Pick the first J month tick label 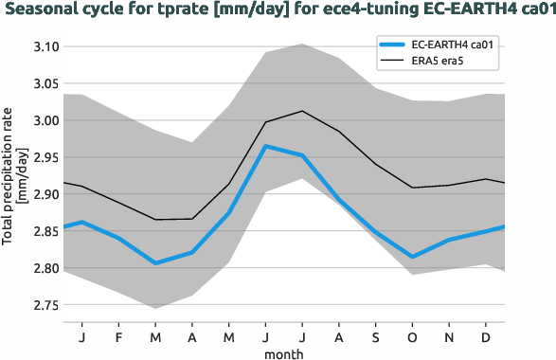[x=82, y=336]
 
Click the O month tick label [x=413, y=336]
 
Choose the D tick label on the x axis [x=486, y=336]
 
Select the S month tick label [x=377, y=336]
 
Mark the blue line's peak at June [x=266, y=146]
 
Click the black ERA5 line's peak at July [x=302, y=111]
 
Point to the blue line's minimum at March [x=156, y=263]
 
